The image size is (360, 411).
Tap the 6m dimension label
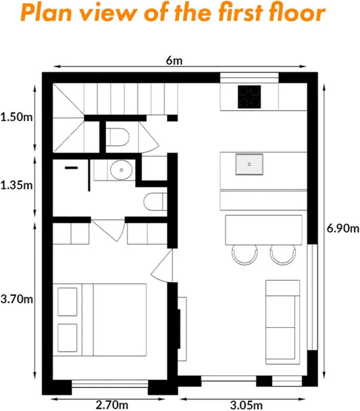coord(175,61)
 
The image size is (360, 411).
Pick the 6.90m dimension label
coord(342,228)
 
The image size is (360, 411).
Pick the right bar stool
coord(283,253)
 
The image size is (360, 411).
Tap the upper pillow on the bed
coord(68,299)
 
